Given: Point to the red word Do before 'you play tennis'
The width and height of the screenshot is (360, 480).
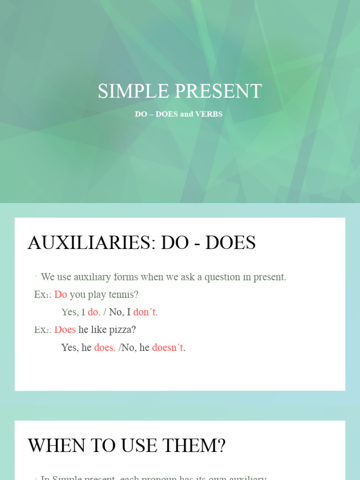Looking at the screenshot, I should (x=61, y=295).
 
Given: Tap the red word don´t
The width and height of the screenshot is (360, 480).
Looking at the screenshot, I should (x=145, y=312).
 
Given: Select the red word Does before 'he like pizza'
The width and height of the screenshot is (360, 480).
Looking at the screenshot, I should (x=65, y=330).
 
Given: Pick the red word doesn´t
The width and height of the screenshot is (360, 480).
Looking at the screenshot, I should (x=168, y=348).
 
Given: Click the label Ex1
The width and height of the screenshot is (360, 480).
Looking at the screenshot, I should (x=42, y=295).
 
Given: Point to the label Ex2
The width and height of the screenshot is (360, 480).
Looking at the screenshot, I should (x=43, y=330).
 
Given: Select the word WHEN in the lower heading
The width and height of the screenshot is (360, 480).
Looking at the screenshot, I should (x=56, y=446).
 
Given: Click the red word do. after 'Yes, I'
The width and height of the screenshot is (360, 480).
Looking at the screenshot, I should (x=94, y=312).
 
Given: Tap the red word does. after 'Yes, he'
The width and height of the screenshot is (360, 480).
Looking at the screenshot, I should (x=105, y=348).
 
